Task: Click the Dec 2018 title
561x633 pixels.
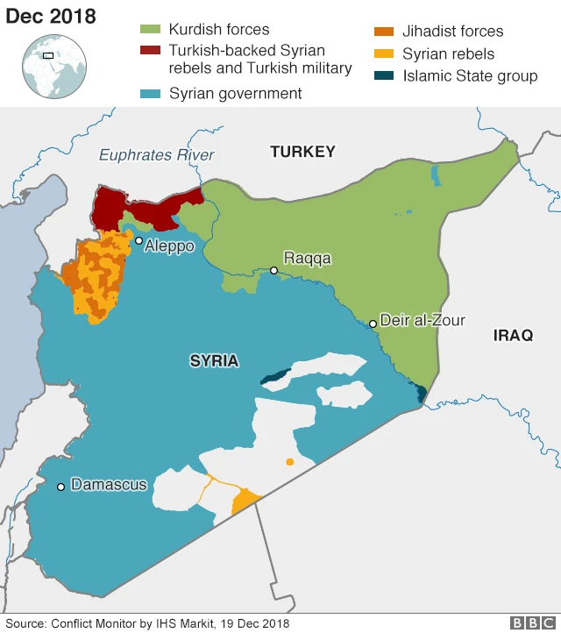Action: tap(51, 17)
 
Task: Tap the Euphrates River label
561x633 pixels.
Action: tap(156, 155)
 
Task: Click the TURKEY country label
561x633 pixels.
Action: tap(302, 152)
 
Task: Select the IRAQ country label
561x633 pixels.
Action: tap(513, 335)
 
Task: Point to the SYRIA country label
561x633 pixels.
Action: tap(214, 360)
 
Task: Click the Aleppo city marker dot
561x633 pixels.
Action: tap(138, 240)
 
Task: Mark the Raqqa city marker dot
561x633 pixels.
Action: tap(273, 270)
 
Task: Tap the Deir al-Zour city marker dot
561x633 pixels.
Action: tap(373, 324)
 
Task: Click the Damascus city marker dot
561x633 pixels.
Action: tap(60, 487)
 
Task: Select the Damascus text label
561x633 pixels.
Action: tap(109, 485)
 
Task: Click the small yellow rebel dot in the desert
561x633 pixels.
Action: tap(289, 462)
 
